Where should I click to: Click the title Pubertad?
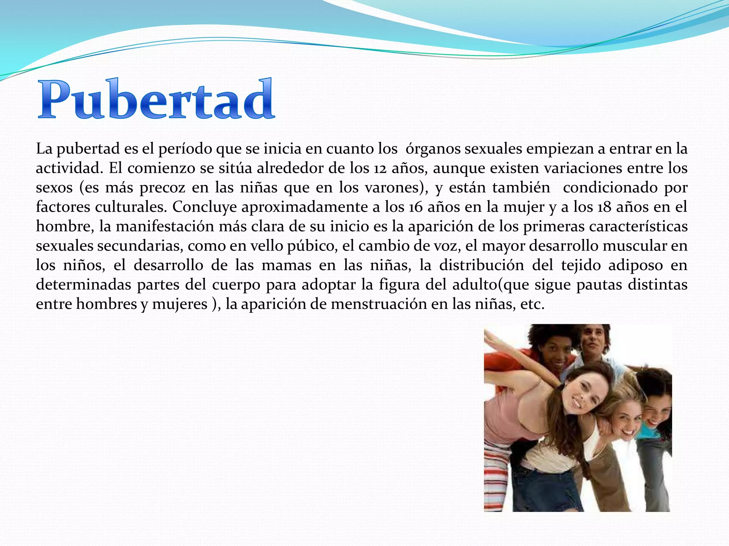point(156,99)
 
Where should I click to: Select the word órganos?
point(432,149)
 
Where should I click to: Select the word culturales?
point(130,207)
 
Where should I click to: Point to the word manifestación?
point(164,226)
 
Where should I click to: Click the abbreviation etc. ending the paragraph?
point(532,304)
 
